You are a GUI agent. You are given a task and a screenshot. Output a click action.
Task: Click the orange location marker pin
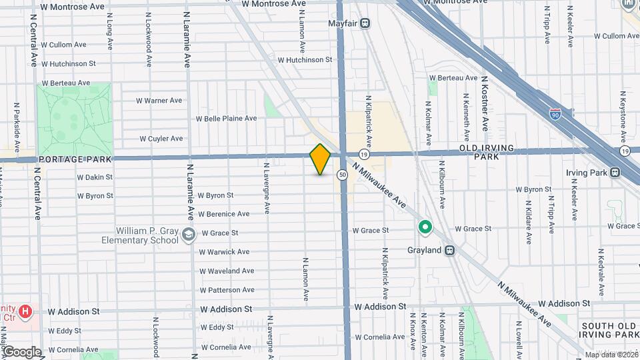320,159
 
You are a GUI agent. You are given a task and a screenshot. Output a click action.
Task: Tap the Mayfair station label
344,23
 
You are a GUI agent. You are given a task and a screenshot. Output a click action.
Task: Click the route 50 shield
342,175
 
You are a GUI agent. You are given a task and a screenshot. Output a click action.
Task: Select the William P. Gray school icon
189,233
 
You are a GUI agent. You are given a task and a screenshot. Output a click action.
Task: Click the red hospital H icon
25,311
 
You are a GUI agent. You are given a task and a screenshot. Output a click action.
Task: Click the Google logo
22,351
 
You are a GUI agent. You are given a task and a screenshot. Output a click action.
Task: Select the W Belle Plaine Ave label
226,119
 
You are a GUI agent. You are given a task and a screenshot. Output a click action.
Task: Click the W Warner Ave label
159,101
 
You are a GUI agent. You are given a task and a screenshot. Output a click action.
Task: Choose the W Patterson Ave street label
227,290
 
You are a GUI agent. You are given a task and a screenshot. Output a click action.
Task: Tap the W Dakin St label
95,177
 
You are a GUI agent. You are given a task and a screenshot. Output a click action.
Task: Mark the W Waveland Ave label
227,271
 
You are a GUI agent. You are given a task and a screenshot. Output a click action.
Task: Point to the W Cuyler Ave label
161,139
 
